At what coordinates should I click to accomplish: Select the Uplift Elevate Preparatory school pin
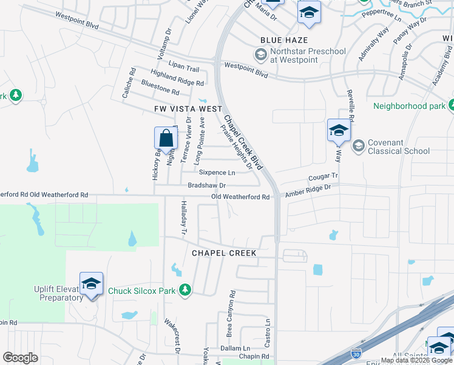(x=91, y=284)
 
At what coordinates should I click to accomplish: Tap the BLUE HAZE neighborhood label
(x=280, y=40)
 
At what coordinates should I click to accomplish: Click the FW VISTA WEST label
(x=188, y=108)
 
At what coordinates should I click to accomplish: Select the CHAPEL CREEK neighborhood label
(x=224, y=252)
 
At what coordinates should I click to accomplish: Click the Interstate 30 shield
(x=357, y=354)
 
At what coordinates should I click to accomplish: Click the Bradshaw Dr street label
(x=206, y=185)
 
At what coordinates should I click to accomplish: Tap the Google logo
(x=20, y=358)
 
